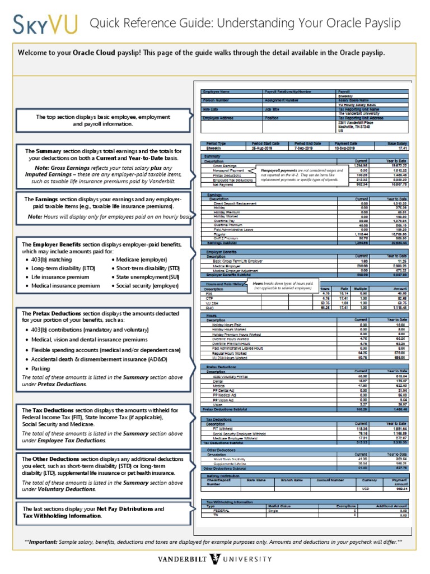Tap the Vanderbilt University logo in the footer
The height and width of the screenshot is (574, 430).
(x=214, y=559)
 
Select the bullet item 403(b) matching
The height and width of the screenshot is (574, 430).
(x=46, y=260)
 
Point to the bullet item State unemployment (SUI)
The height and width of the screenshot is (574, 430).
(x=143, y=277)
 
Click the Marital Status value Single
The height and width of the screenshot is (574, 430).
(x=273, y=511)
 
